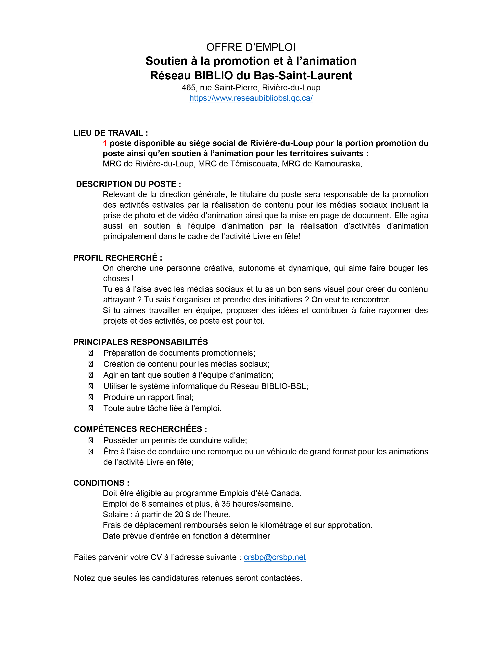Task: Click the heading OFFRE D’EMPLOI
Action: [251, 47]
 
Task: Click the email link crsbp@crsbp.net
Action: [274, 557]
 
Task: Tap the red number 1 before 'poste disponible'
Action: [105, 143]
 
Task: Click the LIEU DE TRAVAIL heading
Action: [110, 133]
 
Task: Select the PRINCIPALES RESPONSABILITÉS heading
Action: [140, 342]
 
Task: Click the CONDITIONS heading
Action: [101, 483]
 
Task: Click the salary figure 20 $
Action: [182, 514]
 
